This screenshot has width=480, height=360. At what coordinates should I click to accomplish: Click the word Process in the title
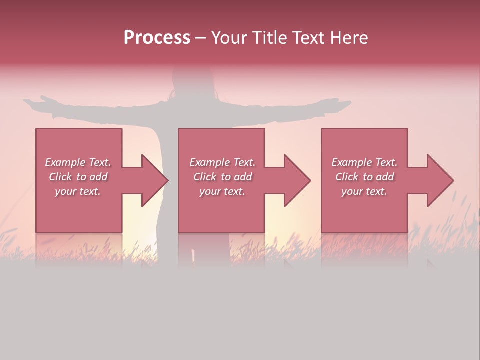click(x=157, y=38)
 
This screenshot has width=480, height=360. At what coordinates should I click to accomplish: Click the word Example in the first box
click(x=65, y=162)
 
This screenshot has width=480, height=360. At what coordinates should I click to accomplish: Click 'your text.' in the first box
click(x=78, y=191)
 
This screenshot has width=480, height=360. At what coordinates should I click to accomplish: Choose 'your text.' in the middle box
click(x=222, y=191)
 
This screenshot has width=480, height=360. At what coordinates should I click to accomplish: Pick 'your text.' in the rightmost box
click(x=364, y=191)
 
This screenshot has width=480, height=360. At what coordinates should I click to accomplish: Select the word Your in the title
click(x=229, y=38)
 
